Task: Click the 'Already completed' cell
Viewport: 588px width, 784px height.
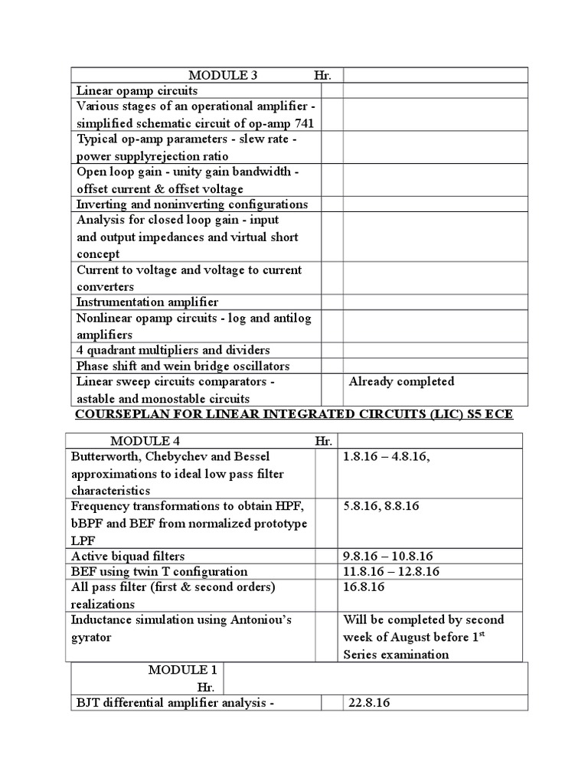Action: pyautogui.click(x=401, y=381)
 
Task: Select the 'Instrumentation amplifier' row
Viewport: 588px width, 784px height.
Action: pyautogui.click(x=147, y=302)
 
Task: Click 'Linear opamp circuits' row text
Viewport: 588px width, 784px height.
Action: pyautogui.click(x=137, y=90)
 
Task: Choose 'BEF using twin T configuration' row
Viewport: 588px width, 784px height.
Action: pyautogui.click(x=159, y=571)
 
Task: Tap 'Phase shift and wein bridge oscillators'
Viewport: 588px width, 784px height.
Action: pyautogui.click(x=183, y=366)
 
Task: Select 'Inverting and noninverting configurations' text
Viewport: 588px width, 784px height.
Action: pyautogui.click(x=192, y=204)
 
